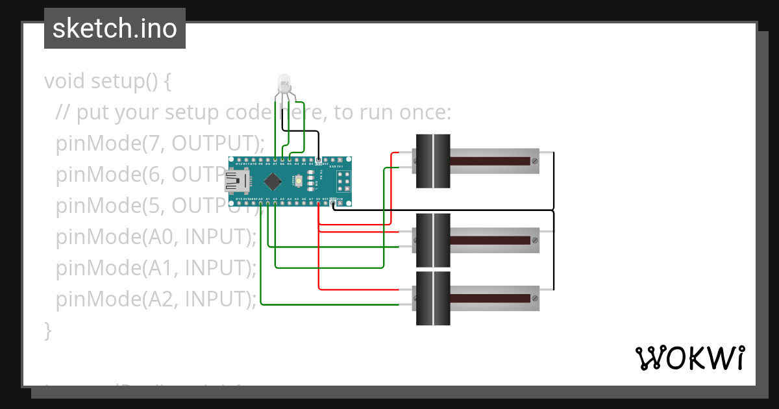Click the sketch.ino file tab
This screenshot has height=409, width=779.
click(115, 29)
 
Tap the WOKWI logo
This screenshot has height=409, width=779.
click(689, 358)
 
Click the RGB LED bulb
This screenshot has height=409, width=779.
click(284, 83)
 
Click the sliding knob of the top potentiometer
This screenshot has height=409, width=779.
click(433, 161)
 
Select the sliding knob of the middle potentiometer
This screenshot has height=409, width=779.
click(433, 240)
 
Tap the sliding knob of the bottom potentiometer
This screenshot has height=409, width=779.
click(433, 299)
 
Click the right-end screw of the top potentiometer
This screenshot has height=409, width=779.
click(534, 161)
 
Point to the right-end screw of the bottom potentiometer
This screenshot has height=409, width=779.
click(534, 299)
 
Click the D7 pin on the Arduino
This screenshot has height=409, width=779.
click(275, 160)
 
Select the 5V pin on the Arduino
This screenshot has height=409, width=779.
click(318, 204)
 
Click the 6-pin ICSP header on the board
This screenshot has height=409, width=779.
click(343, 180)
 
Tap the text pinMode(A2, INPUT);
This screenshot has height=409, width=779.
click(156, 299)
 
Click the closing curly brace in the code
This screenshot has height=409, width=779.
click(47, 330)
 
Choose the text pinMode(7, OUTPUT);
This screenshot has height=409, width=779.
click(160, 143)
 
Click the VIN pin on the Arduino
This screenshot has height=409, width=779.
click(339, 204)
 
